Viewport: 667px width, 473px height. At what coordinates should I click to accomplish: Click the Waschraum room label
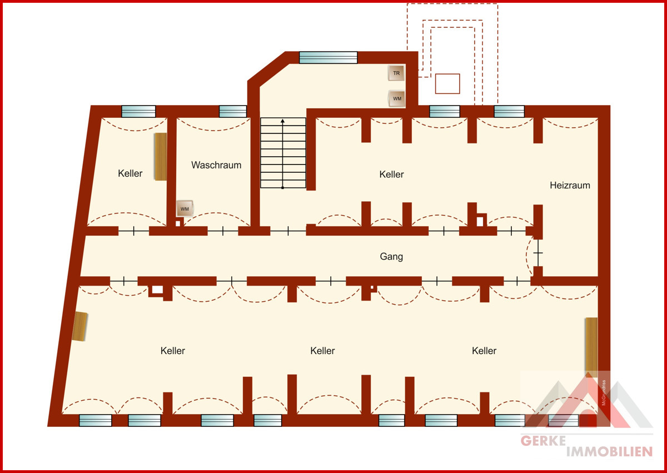tap(216, 165)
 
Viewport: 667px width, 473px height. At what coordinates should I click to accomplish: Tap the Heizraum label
tap(570, 185)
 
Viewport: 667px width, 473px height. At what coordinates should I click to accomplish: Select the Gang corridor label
tap(391, 256)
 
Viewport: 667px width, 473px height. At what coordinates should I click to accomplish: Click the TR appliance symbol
tap(396, 73)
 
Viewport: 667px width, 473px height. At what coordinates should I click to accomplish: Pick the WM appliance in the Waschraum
tap(185, 208)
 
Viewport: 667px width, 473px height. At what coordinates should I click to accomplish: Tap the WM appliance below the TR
tap(397, 98)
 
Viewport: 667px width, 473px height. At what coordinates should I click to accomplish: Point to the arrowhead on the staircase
tap(282, 121)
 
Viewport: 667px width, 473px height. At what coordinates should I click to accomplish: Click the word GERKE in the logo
tap(543, 441)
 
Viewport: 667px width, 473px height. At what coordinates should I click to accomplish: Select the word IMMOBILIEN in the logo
tap(609, 452)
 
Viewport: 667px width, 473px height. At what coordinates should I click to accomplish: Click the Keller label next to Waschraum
tap(130, 173)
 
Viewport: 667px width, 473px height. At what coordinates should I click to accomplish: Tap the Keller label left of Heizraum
tap(391, 174)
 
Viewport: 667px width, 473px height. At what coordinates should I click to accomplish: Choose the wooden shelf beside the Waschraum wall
tap(161, 157)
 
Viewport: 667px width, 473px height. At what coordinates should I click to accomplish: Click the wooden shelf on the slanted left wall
tap(80, 326)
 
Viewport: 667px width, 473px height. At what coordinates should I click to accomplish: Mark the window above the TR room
tap(328, 57)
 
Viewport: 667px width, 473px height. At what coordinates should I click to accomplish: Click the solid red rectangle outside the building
tap(447, 83)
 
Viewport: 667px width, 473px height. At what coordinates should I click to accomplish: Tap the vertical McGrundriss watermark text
tap(604, 392)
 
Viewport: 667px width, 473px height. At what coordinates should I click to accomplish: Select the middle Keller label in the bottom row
tap(322, 351)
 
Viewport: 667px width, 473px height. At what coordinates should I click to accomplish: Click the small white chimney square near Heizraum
tap(480, 221)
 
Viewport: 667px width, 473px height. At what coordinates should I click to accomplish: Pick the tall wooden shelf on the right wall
tap(591, 348)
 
